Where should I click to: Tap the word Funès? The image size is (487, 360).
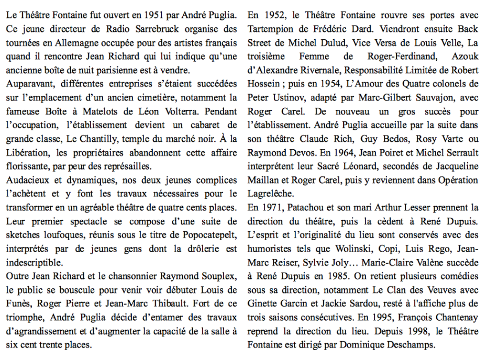[x=19, y=303]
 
